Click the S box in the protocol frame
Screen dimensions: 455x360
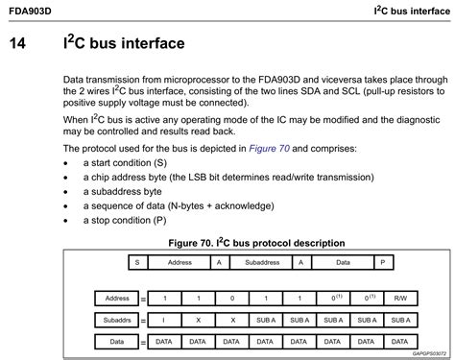click(137, 261)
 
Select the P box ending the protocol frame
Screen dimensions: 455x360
click(382, 261)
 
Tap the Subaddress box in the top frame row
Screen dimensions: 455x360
click(261, 261)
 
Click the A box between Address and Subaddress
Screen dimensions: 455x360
click(219, 261)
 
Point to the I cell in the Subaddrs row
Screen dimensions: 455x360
click(164, 320)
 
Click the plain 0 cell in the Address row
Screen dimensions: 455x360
click(231, 299)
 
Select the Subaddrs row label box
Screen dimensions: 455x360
click(117, 320)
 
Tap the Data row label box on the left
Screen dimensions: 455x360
click(117, 341)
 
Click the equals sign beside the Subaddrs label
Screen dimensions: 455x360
click(143, 320)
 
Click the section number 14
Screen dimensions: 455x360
click(21, 44)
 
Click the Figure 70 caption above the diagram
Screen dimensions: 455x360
click(256, 243)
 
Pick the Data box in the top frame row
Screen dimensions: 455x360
click(342, 261)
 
